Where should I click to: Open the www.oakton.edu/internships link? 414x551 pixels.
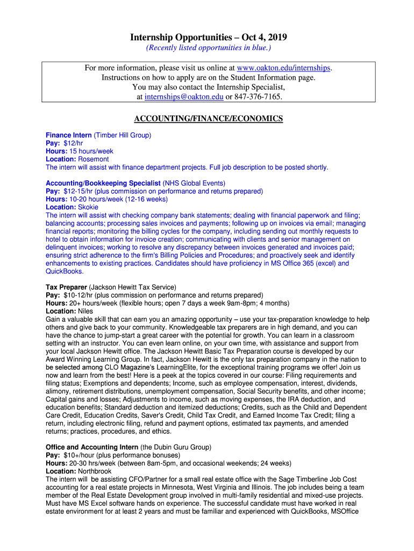(284, 68)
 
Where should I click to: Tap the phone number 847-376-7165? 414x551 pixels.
(258, 96)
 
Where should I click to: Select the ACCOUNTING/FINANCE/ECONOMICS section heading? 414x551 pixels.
(208, 118)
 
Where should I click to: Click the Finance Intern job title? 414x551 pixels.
(68, 135)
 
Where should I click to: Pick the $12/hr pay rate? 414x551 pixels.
(73, 143)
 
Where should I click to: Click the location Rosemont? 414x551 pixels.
(93, 159)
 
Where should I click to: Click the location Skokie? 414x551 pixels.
(88, 207)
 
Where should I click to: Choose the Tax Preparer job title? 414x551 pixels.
(66, 287)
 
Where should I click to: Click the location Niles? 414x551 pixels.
(85, 311)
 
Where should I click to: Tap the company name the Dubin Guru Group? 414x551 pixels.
(176, 447)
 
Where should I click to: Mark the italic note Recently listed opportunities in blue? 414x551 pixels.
(209, 48)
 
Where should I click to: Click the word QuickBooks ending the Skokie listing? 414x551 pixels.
(64, 271)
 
